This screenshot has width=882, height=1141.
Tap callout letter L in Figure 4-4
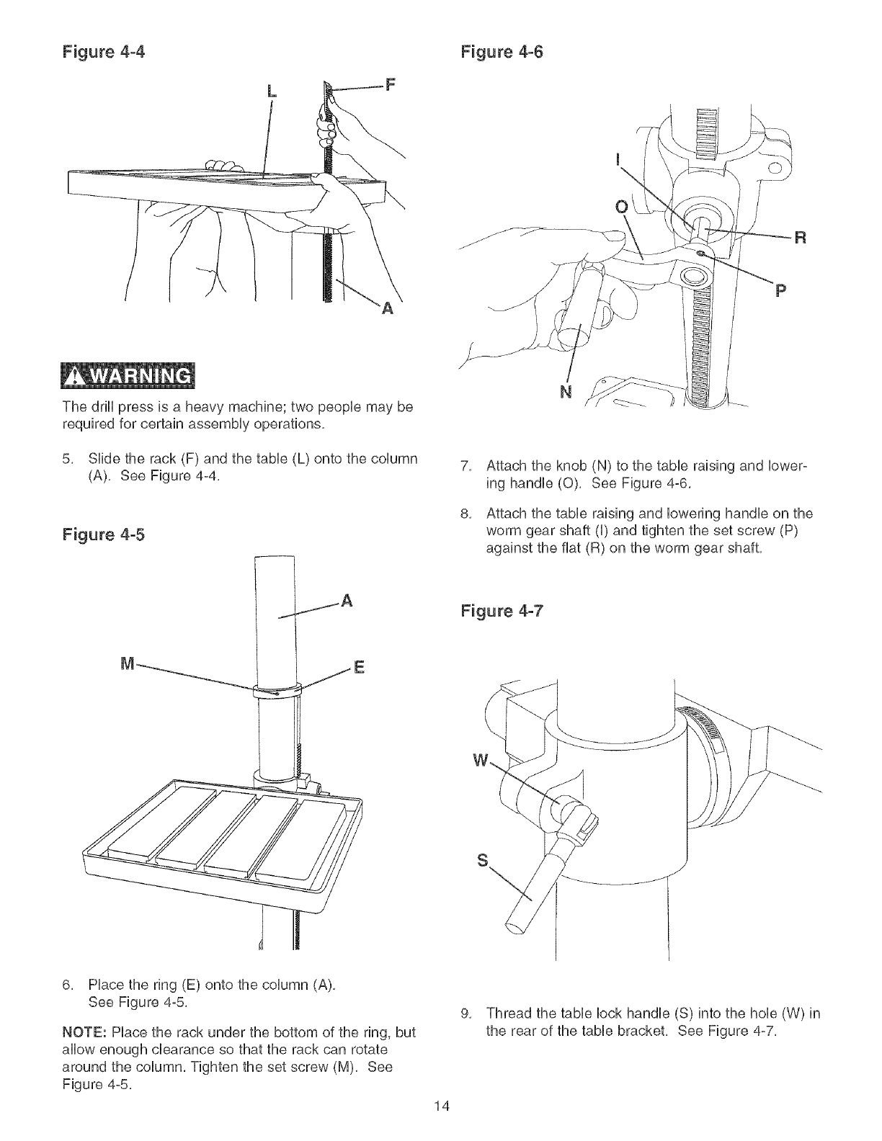pyautogui.click(x=272, y=91)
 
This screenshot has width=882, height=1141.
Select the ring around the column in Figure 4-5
pyautogui.click(x=276, y=689)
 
